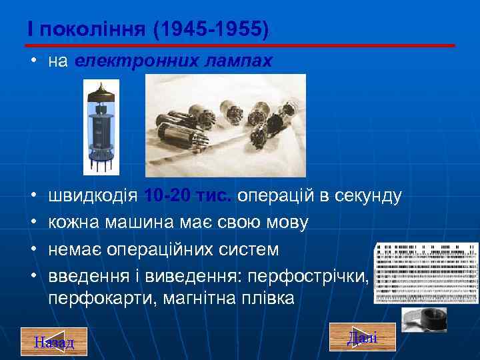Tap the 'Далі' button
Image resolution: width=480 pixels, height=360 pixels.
(x=362, y=337)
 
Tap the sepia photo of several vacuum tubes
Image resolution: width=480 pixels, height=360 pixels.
(x=225, y=125)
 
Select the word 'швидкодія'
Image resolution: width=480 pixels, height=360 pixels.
(x=93, y=196)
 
